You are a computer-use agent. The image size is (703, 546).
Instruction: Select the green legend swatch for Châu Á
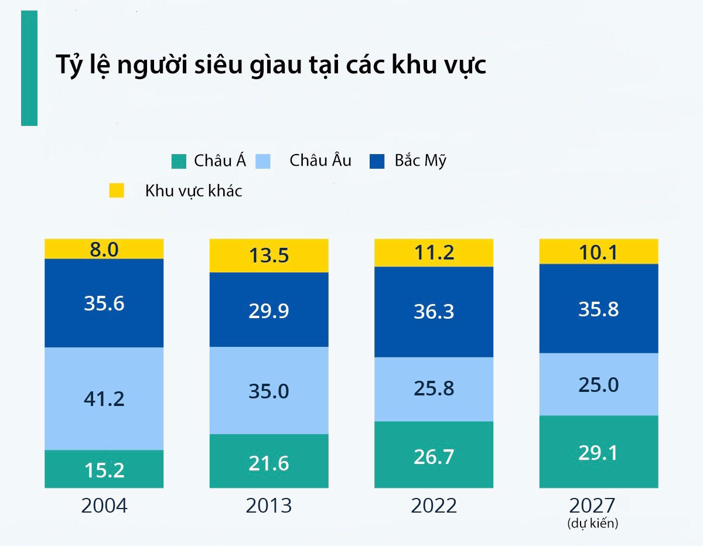[179, 161]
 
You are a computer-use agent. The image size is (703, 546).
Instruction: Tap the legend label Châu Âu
[320, 161]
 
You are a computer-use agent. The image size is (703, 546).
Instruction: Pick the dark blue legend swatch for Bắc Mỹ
[377, 161]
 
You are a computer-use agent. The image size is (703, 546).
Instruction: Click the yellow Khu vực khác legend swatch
[117, 190]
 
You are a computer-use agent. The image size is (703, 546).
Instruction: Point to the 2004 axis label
[104, 506]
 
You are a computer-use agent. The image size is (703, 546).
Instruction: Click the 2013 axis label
[268, 506]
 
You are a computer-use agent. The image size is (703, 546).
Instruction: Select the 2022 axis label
[434, 506]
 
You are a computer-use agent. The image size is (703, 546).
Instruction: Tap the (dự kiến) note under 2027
[593, 523]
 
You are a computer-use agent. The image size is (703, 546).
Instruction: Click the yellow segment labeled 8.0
[104, 250]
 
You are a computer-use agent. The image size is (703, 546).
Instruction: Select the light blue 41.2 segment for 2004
[104, 399]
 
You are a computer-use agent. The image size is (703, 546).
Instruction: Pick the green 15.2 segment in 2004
[104, 469]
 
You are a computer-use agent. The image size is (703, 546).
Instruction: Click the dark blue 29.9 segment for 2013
[268, 310]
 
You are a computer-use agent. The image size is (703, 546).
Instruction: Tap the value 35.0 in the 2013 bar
[268, 391]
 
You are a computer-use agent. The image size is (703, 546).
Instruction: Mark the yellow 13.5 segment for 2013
[268, 256]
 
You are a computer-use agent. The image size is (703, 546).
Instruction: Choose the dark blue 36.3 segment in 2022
[434, 312]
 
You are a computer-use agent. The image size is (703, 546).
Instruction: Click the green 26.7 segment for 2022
[434, 455]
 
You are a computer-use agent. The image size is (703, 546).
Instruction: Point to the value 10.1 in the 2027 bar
[598, 252]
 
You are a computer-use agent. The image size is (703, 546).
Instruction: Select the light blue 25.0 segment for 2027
[598, 385]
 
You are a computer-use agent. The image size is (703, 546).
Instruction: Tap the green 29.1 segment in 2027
[598, 452]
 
